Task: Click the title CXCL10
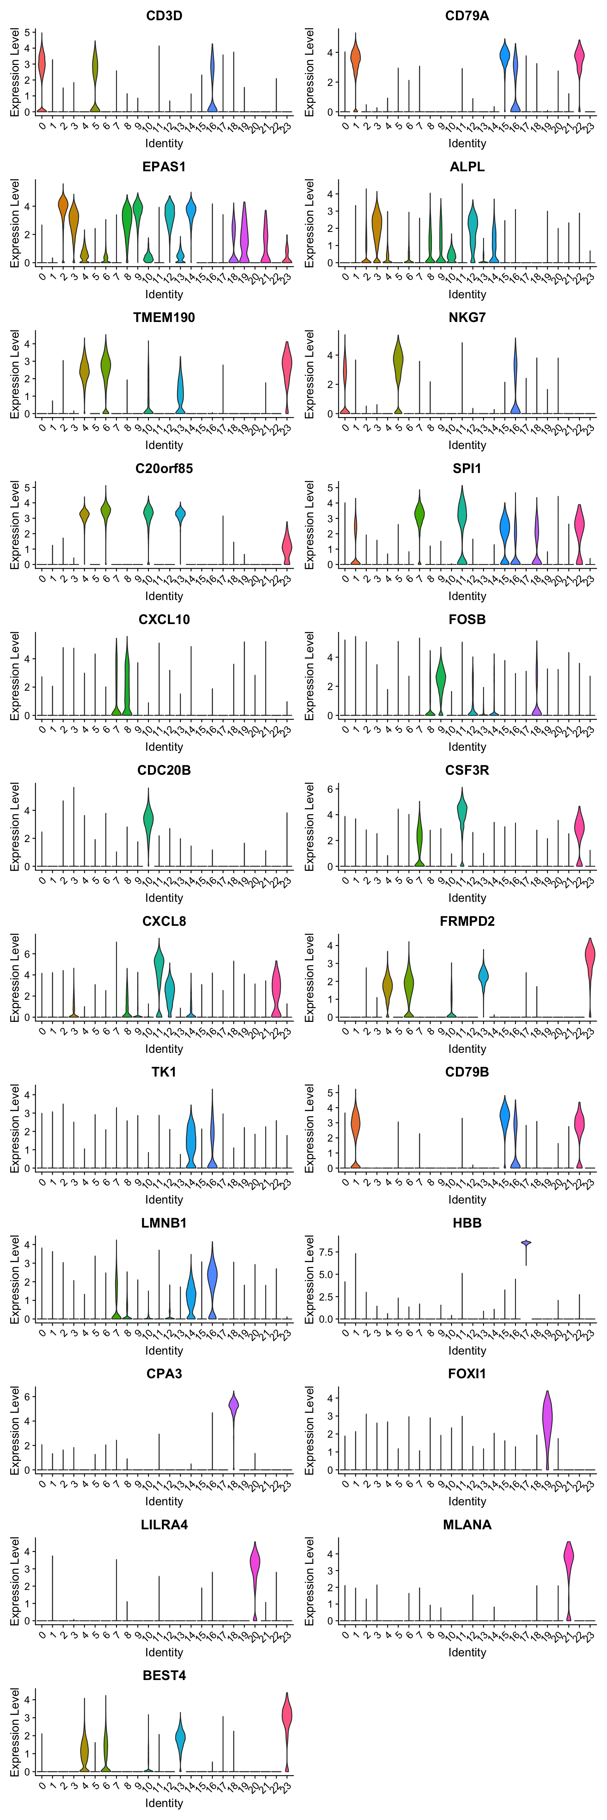pos(164,620)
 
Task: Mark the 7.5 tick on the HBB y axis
pos(327,1252)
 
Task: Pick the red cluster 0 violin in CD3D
pos(42,67)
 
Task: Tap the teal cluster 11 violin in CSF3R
pos(462,812)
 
